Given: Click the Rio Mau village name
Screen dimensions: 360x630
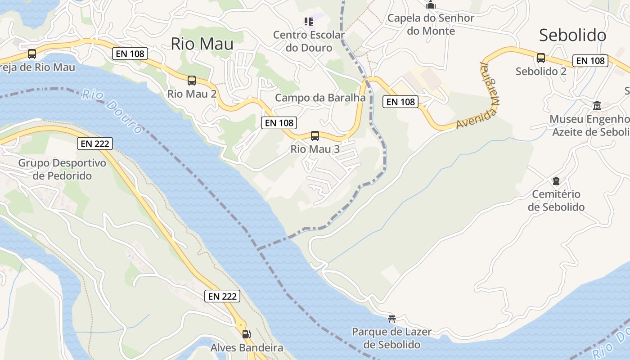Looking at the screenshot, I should (x=202, y=44).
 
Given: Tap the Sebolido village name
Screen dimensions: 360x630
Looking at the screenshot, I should (x=572, y=35).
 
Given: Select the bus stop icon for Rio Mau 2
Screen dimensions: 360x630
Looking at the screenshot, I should (x=192, y=81).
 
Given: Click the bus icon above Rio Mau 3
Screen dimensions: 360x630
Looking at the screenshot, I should (x=315, y=135).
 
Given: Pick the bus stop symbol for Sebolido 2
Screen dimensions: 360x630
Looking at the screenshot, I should (x=541, y=58).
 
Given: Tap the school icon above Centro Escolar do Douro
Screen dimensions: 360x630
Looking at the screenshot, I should (x=308, y=21).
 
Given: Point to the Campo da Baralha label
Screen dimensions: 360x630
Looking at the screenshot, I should (x=320, y=98).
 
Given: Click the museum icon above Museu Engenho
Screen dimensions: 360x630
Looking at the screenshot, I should (x=597, y=106).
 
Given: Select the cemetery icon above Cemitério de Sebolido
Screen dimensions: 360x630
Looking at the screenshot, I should (x=556, y=181).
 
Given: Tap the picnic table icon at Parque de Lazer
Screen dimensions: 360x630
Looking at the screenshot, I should (x=392, y=319).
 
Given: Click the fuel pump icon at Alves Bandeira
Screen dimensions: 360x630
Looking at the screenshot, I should (x=246, y=334).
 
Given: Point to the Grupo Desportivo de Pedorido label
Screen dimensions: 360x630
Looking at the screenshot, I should (x=62, y=169).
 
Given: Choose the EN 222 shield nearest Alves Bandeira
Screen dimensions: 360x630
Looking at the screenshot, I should (x=222, y=296).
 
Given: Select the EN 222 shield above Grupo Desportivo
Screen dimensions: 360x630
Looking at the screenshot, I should (x=94, y=144).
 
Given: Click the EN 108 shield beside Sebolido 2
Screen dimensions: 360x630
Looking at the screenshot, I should (x=590, y=60).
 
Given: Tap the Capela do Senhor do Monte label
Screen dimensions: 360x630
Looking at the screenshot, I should (x=431, y=24).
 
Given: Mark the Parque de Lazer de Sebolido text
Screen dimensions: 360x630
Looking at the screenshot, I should (x=391, y=338).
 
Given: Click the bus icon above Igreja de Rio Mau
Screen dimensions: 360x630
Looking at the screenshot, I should (x=32, y=54).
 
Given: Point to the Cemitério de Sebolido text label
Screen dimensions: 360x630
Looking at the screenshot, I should (x=556, y=201).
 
